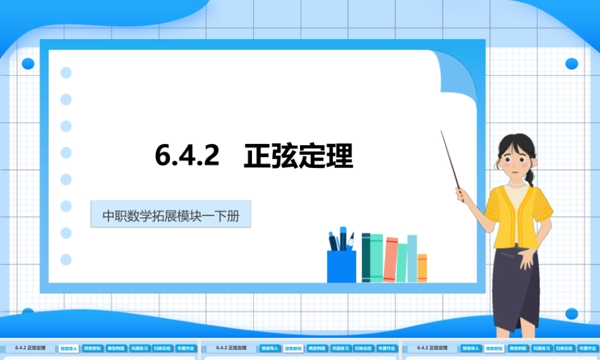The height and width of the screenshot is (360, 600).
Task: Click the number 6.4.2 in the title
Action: click(187, 157)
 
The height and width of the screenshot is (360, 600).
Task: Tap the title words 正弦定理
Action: click(298, 157)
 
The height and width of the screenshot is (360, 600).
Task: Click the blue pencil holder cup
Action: click(341, 266)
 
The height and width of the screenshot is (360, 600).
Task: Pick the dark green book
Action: click(366, 257)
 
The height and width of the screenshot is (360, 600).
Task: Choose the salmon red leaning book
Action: click(390, 259)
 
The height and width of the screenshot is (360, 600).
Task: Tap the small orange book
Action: click(422, 268)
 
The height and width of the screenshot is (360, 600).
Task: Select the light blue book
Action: click(412, 258)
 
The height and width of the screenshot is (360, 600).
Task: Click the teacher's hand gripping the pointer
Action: click(463, 194)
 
